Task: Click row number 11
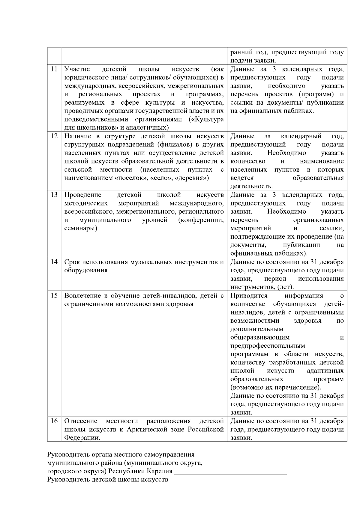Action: pyautogui.click(x=54, y=69)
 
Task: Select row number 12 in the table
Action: pyautogui.click(x=54, y=136)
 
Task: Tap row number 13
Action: pyautogui.click(x=54, y=195)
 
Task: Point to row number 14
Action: pyautogui.click(x=54, y=262)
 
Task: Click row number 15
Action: pyautogui.click(x=54, y=295)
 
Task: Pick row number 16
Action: pyautogui.click(x=54, y=421)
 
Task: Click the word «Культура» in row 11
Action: pyautogui.click(x=209, y=119)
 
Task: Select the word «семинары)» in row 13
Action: pyautogui.click(x=81, y=229)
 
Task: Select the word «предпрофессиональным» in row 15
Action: pyautogui.click(x=268, y=346)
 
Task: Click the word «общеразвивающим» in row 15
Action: pyautogui.click(x=260, y=337)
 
